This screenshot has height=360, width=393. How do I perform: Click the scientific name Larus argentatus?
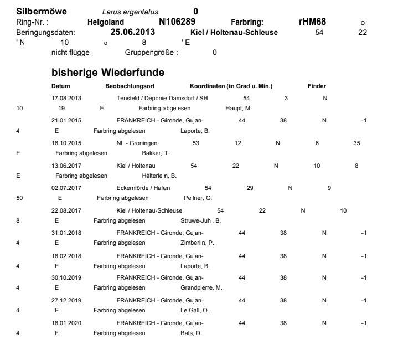click(130, 12)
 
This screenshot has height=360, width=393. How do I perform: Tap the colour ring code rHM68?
click(312, 22)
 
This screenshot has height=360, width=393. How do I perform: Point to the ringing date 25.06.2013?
click(133, 32)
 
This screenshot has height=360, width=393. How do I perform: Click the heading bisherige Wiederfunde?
click(108, 73)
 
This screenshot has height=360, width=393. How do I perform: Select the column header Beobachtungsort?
click(130, 86)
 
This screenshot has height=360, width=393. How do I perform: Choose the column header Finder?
click(317, 86)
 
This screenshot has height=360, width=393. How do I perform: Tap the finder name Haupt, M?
click(239, 108)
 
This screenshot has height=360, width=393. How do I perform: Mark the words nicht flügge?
click(70, 53)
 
